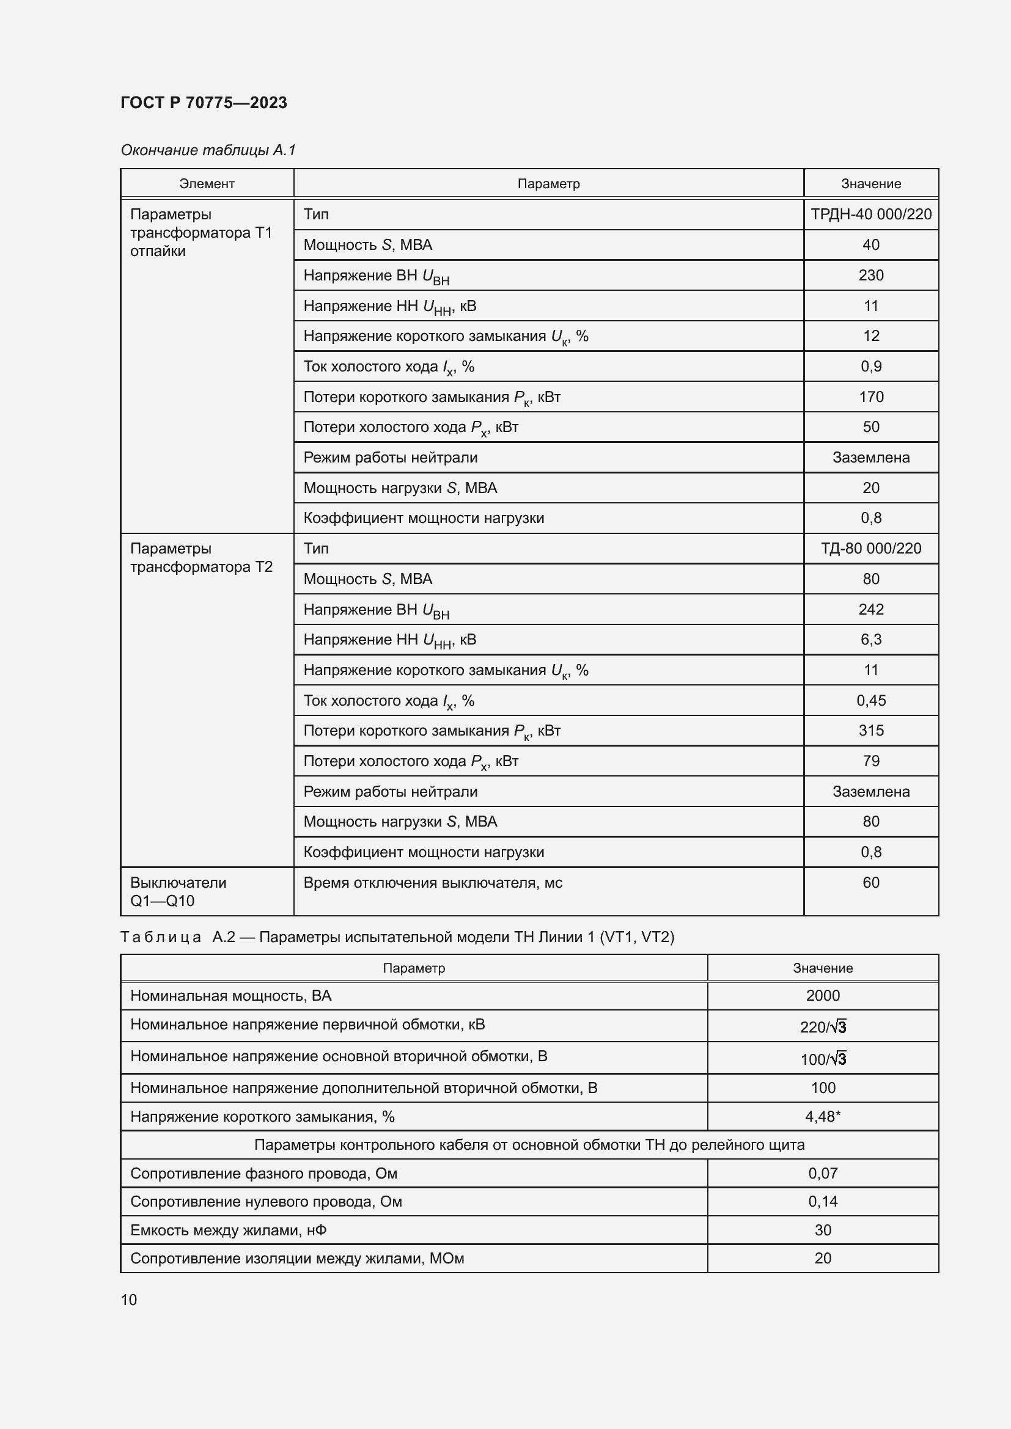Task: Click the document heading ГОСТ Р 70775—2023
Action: tap(204, 103)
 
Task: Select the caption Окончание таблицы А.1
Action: tap(208, 150)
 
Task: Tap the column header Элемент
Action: tap(207, 184)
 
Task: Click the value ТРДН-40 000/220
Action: tap(870, 214)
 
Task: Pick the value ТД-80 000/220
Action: tap(870, 548)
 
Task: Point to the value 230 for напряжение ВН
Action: tap(870, 275)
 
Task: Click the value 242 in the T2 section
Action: tap(870, 609)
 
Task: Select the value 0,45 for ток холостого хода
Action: tap(870, 700)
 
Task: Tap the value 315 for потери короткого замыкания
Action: tap(870, 730)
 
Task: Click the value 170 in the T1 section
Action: tap(870, 397)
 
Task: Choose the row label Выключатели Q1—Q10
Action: tap(178, 891)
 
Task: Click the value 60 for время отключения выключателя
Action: tap(870, 883)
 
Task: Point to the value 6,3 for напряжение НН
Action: tap(870, 639)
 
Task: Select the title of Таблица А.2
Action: tap(397, 937)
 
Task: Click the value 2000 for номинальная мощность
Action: tap(822, 995)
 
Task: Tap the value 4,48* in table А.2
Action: tap(822, 1117)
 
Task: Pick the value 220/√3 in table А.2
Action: tap(822, 1027)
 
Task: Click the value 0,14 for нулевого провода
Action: tap(822, 1201)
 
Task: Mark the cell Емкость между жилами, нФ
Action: tap(228, 1230)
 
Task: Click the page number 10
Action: tap(129, 1299)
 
